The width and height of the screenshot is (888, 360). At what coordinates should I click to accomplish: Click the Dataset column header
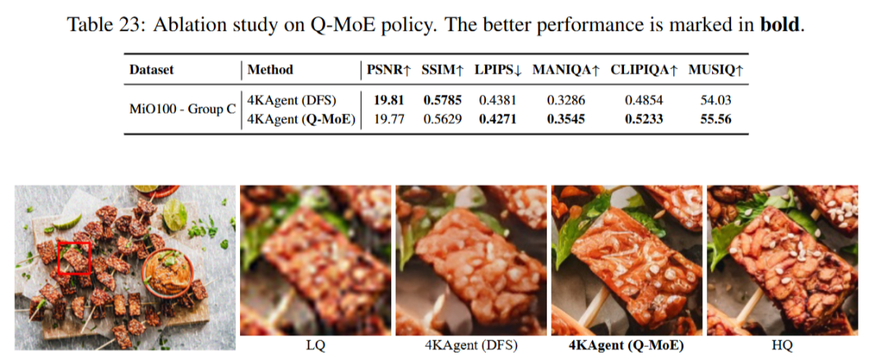click(151, 70)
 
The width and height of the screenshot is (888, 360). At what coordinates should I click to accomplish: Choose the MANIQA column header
click(566, 70)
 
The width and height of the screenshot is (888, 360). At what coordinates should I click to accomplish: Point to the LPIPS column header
click(498, 70)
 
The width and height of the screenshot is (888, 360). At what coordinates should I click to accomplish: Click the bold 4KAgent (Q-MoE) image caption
click(627, 345)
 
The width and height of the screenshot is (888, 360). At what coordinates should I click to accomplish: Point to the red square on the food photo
click(73, 256)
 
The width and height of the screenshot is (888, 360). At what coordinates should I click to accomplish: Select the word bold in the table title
click(781, 24)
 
